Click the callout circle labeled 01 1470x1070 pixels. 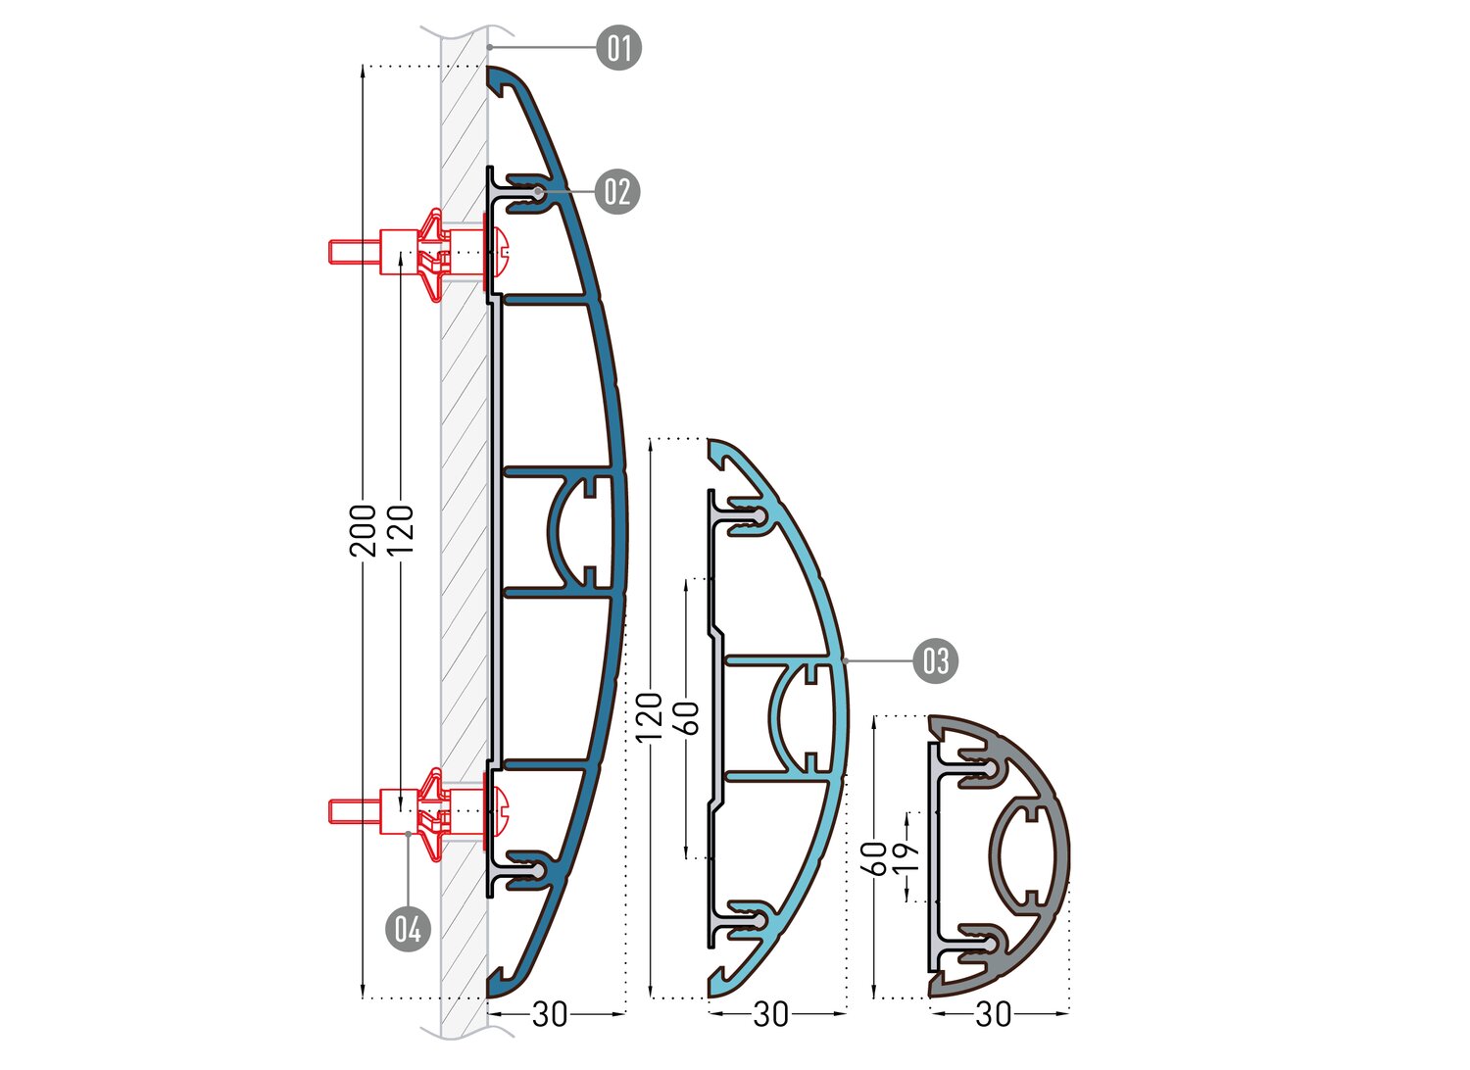pos(618,48)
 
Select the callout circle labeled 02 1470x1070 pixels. pos(616,192)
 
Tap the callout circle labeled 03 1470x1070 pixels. pos(936,660)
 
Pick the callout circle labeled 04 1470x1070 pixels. pos(409,929)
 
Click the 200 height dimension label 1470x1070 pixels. pos(363,531)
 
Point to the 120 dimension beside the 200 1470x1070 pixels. pos(400,531)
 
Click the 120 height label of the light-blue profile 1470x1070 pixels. pos(650,716)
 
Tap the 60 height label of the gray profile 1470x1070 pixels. pos(875,858)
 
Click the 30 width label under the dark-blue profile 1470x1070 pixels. pos(550,1014)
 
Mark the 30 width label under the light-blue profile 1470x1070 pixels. pos(771,1014)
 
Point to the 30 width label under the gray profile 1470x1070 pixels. pos(994,1014)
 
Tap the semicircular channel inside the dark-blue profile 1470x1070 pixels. pos(556,531)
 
